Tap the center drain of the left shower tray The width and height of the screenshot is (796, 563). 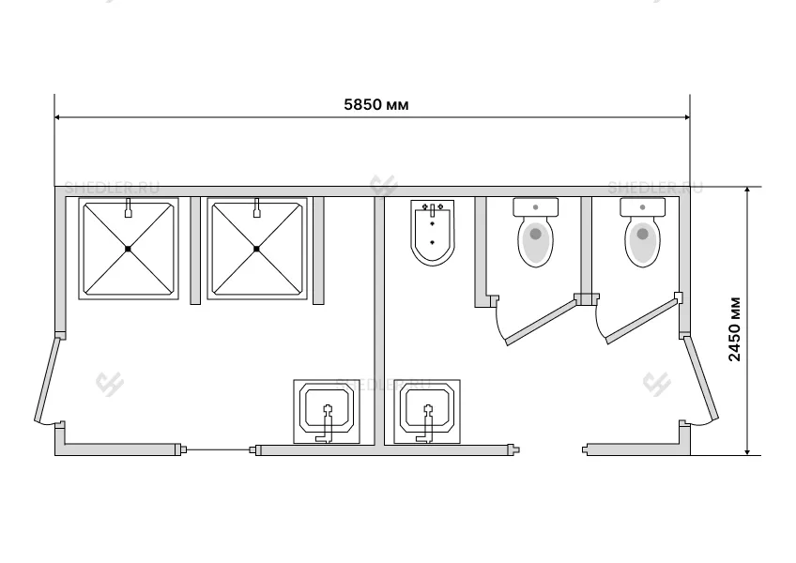pos(128,249)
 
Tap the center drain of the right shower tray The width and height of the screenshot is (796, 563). pos(256,249)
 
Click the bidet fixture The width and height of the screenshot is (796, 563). pos(433,232)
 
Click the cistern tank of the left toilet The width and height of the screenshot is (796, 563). pos(536,206)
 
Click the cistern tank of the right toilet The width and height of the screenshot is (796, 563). pos(642,206)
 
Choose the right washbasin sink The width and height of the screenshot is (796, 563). pos(427,411)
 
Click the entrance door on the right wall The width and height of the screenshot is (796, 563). pos(701,378)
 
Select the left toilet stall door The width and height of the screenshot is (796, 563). pos(541,321)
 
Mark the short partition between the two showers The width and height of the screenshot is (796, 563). pos(195,251)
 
